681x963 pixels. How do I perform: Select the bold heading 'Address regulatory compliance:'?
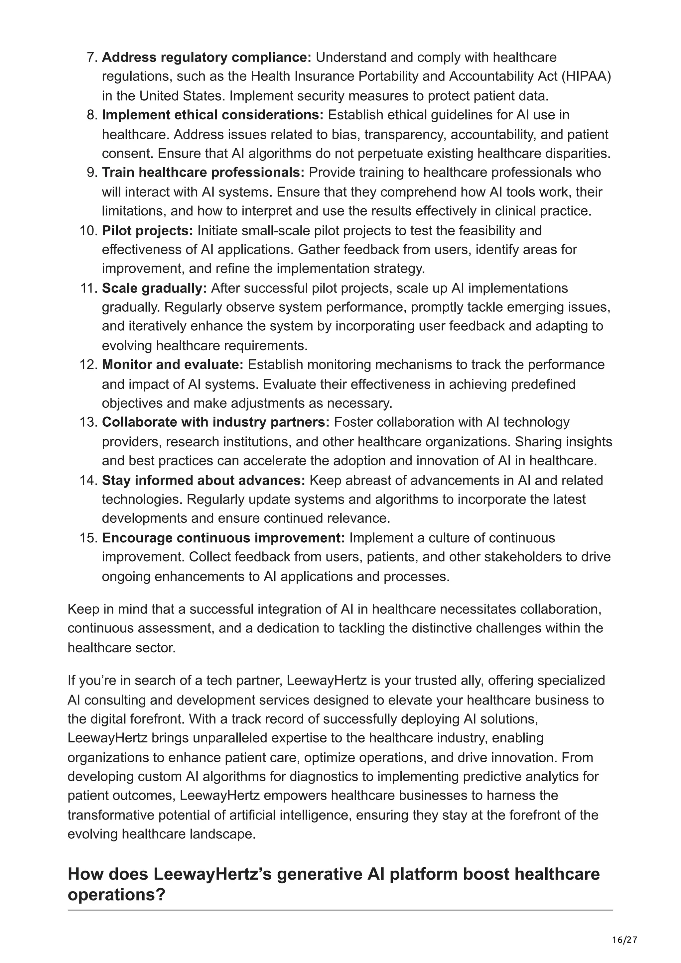pyautogui.click(x=206, y=57)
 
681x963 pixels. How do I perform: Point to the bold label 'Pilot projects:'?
pyautogui.click(x=147, y=230)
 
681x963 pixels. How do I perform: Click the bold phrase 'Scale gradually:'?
pyautogui.click(x=154, y=288)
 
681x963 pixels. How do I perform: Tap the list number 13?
pyautogui.click(x=88, y=422)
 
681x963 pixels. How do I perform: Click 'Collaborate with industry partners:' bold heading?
pyautogui.click(x=216, y=422)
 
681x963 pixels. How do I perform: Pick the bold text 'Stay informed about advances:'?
pyautogui.click(x=204, y=480)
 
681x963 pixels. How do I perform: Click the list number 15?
pyautogui.click(x=88, y=538)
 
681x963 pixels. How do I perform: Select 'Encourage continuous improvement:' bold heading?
pyautogui.click(x=223, y=538)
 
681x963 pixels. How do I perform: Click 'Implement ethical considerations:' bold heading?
pyautogui.click(x=213, y=115)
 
